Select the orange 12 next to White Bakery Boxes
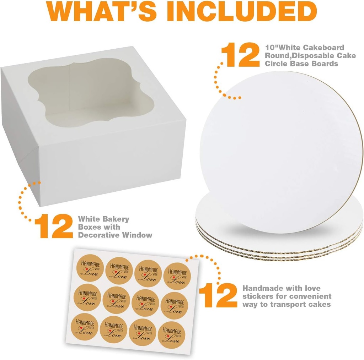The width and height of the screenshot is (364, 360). [54, 226]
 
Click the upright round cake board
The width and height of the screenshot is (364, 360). [281, 149]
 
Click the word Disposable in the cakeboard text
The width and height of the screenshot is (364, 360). [304, 56]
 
